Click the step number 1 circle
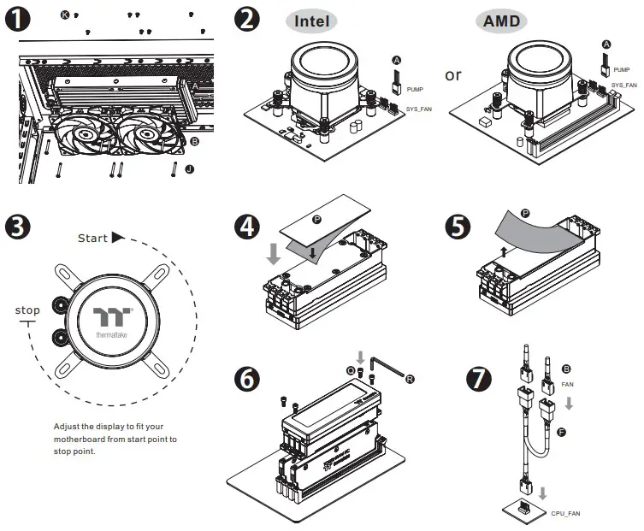click(x=18, y=20)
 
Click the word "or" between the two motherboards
click(x=453, y=74)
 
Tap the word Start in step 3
click(x=92, y=238)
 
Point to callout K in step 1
click(x=66, y=15)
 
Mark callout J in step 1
click(x=189, y=169)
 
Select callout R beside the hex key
click(x=411, y=377)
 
